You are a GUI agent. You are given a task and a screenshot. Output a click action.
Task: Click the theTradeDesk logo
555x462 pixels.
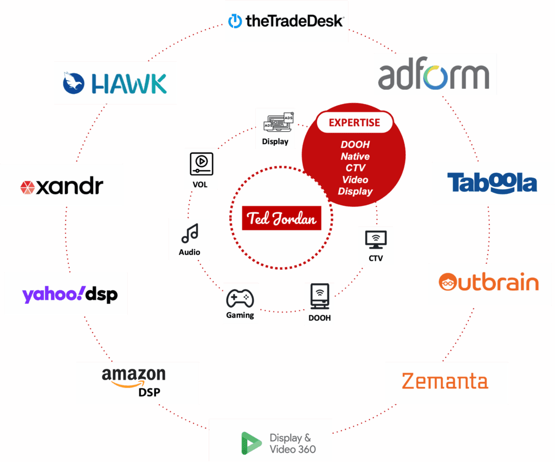coord(286,22)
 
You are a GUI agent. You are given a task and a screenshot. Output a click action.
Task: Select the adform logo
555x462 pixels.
coord(436,75)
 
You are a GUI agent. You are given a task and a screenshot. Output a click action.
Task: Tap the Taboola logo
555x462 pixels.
coord(493,183)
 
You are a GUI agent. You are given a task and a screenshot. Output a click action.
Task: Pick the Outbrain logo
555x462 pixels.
coord(489,284)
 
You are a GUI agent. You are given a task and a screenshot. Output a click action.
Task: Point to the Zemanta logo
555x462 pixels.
coord(446,382)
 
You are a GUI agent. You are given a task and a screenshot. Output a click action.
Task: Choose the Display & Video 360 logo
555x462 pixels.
coord(270,442)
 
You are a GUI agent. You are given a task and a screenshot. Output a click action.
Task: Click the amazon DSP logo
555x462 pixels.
coord(137,382)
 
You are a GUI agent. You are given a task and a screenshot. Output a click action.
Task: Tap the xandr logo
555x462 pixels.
coord(62,186)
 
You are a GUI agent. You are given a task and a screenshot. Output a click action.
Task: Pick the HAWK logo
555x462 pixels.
coord(115,83)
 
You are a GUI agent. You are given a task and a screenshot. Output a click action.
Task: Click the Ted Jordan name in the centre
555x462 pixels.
coord(281,218)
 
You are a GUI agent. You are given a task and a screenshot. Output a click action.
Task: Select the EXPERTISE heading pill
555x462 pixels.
coord(354,122)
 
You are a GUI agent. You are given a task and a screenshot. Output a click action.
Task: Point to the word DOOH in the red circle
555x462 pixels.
coord(355,145)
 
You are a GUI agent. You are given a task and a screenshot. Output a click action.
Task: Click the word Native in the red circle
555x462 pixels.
coord(355,157)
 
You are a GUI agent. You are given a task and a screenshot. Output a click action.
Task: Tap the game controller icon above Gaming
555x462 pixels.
coord(240,298)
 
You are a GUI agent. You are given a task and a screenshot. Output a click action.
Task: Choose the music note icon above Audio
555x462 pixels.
coord(189,233)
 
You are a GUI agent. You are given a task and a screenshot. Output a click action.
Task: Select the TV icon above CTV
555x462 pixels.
coord(376,239)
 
